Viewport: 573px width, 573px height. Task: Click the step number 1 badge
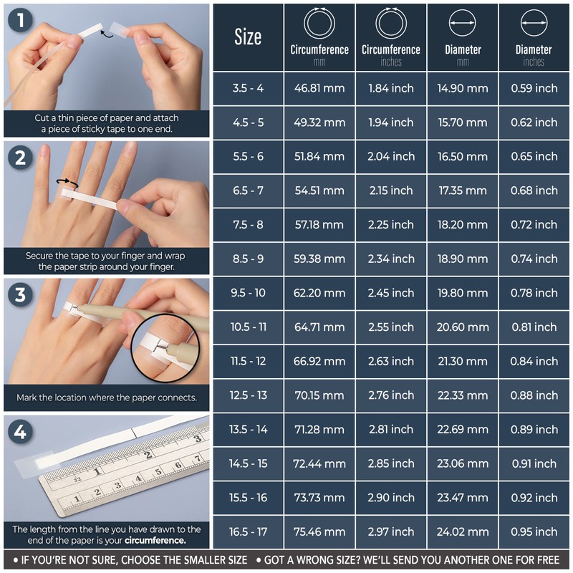21,21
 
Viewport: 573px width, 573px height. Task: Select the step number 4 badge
21,432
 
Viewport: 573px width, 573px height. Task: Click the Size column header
248,37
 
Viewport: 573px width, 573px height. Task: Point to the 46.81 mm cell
319,88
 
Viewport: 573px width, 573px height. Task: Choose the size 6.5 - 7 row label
248,191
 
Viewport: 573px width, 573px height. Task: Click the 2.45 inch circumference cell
391,293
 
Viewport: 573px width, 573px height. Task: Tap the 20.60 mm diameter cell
463,327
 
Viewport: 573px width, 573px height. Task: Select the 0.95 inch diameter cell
534,531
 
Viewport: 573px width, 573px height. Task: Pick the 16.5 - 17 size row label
248,531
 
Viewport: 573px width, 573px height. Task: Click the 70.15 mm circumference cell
319,395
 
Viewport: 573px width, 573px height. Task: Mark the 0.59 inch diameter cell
534,88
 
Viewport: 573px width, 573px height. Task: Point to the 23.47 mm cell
463,498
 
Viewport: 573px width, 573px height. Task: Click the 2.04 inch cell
391,156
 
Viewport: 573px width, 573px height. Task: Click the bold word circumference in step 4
155,541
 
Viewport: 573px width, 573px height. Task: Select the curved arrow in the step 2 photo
67,183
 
